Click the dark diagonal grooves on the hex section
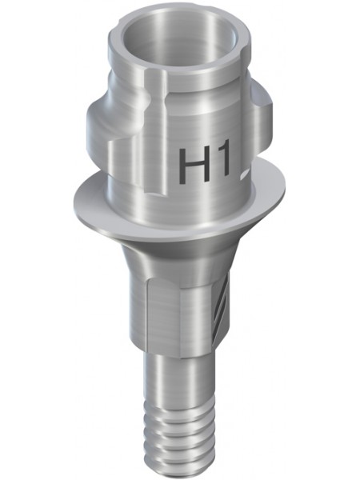(x=222, y=309)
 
